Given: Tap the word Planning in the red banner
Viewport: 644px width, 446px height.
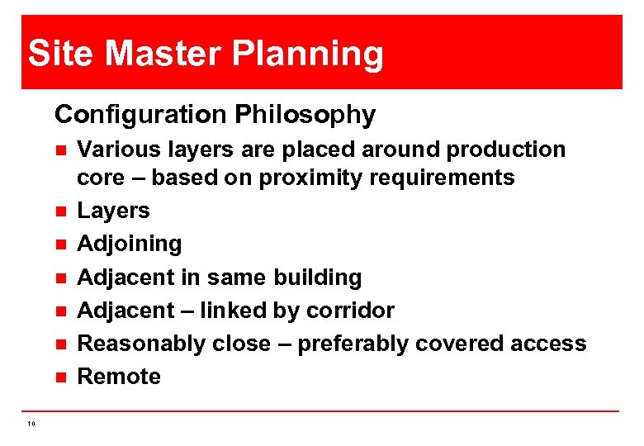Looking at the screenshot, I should [x=308, y=55].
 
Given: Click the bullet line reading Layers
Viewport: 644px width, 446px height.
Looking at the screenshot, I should [x=113, y=211].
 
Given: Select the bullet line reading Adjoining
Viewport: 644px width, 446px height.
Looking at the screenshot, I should [x=129, y=244].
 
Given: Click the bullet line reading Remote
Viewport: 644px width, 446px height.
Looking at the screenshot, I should [x=118, y=376].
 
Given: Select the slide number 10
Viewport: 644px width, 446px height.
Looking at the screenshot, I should [x=31, y=424].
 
